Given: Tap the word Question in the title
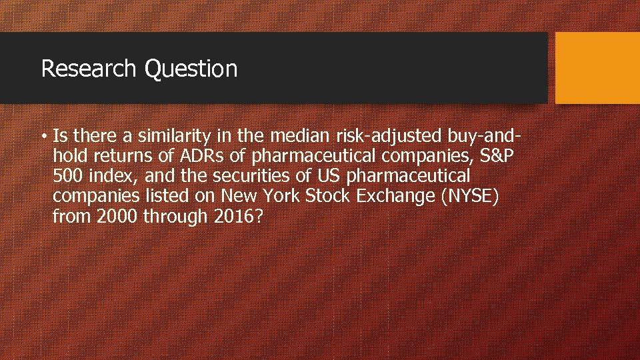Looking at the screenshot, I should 191,69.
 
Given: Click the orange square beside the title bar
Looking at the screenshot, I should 597,69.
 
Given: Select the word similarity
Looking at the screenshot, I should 175,137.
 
